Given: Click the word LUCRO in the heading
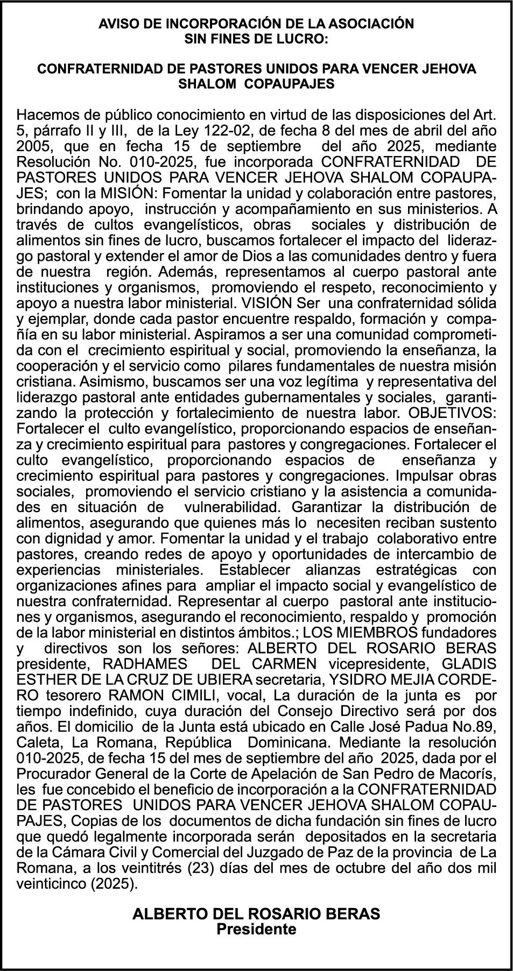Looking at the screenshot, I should (306, 39).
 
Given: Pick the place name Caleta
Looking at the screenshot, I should (33, 742).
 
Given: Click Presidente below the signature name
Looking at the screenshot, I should (256, 929).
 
